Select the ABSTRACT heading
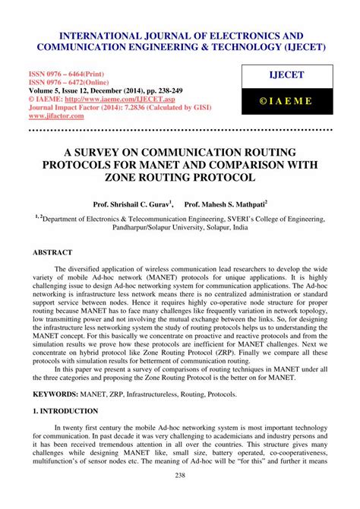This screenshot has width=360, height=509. coord(52,251)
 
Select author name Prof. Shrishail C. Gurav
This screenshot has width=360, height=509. coord(133,204)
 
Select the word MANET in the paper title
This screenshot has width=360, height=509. coord(180,165)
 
